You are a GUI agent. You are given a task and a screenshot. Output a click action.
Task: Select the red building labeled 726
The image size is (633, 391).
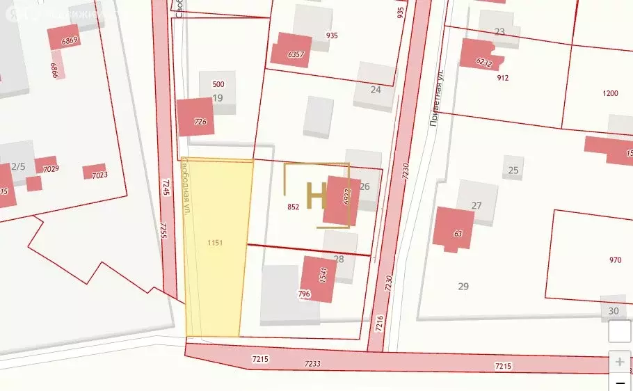pos(195,117)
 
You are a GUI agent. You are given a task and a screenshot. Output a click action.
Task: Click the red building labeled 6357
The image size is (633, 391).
pos(291,50)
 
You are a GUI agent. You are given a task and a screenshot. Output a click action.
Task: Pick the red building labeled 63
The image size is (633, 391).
pos(453,228)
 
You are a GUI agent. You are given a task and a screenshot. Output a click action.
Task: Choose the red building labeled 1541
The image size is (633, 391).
pos(319,279)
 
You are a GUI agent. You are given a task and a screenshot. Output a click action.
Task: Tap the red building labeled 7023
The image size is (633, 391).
pos(94,172)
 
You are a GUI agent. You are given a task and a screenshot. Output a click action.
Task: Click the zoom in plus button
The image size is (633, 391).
pos(619,362)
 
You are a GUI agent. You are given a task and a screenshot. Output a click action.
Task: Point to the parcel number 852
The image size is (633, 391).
pos(293,207)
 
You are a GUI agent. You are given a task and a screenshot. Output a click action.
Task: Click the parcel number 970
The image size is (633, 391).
pos(615,260)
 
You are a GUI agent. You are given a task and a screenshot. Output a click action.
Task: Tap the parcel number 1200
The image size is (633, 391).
pos(610,93)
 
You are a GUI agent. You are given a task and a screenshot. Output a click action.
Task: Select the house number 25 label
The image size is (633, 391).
pos(513,170)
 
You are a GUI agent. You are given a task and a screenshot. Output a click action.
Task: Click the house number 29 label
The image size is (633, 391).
pos(463,286)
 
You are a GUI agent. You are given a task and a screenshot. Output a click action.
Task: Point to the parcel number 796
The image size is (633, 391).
pos(304,294)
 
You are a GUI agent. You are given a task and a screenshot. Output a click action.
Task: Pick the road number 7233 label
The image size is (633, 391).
pos(312,363)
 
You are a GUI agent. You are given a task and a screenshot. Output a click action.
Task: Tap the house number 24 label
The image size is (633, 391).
pos(376,89)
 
